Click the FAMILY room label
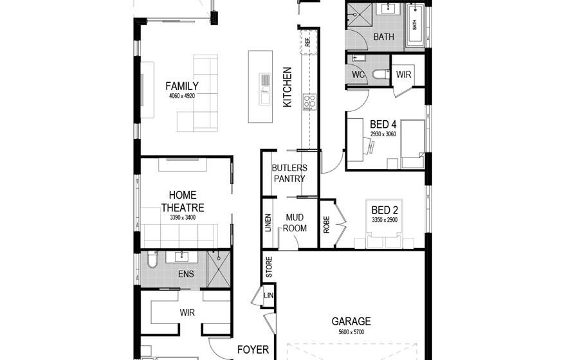182,86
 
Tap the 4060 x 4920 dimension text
182,96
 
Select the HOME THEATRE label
183,201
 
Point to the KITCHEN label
288,87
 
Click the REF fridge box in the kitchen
308,42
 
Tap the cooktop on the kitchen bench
309,102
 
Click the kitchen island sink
265,89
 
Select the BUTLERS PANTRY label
289,173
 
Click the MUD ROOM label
295,222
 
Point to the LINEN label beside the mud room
268,223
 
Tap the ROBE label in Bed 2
327,224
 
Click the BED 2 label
385,210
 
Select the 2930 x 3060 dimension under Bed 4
383,134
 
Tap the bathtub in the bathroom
415,25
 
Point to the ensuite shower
219,269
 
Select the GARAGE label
351,321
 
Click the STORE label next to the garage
269,267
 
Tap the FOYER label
253,350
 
